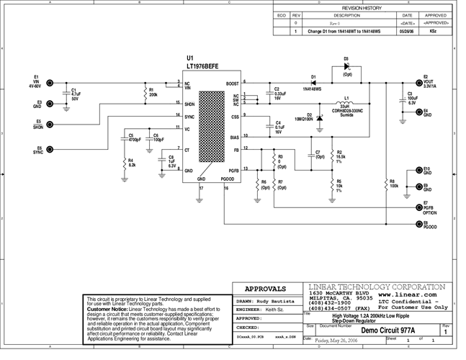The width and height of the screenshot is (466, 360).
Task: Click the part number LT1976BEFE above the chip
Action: [x=204, y=65]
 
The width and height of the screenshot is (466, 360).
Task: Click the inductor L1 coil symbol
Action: [x=346, y=102]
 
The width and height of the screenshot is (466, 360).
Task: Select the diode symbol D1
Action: [x=314, y=84]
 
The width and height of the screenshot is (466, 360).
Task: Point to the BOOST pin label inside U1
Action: [x=232, y=84]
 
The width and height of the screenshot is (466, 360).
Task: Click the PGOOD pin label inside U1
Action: [x=228, y=178]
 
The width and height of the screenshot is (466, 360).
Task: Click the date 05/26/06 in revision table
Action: [x=407, y=32]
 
